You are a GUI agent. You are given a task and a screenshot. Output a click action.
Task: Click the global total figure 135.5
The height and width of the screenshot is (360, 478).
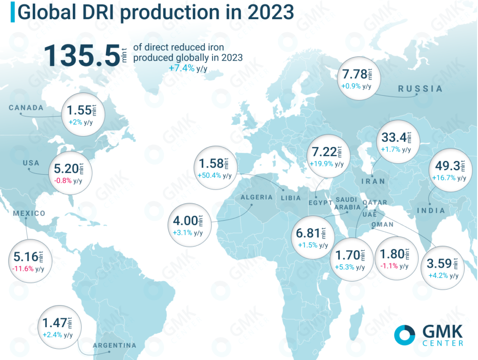click(x=82, y=55)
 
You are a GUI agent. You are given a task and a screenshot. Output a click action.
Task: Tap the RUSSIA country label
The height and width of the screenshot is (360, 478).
click(x=420, y=89)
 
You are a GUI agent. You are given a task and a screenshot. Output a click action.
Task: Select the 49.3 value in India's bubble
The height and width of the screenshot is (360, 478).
click(x=448, y=166)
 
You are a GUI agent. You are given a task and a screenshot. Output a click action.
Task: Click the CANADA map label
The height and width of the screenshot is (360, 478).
click(x=26, y=107)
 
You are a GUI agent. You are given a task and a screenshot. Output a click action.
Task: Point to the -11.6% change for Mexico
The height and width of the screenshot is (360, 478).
click(x=23, y=269)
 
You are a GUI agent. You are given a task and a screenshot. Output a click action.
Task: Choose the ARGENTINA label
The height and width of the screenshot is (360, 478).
click(x=114, y=345)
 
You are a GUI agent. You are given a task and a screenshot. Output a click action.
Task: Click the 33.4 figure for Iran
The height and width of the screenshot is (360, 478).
click(x=394, y=138)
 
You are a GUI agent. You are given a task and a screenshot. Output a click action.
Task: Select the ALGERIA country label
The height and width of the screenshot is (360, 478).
click(x=257, y=198)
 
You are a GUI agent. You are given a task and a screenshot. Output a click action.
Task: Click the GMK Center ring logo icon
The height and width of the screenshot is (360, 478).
click(x=404, y=335)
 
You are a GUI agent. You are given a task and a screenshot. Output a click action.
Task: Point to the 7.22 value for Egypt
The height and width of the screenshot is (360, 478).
click(x=324, y=152)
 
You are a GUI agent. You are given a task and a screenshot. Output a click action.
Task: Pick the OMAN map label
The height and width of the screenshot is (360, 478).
click(x=383, y=224)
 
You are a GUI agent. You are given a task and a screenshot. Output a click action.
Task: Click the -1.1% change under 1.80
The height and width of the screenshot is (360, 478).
click(x=389, y=266)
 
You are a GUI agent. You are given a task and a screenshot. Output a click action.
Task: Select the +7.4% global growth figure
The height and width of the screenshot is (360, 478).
click(x=182, y=68)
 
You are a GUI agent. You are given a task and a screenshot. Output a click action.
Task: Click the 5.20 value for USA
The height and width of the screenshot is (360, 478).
click(x=67, y=169)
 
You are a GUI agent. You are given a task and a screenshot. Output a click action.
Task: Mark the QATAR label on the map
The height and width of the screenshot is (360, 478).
click(x=375, y=203)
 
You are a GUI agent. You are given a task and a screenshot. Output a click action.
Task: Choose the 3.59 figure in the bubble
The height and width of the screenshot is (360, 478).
click(x=439, y=263)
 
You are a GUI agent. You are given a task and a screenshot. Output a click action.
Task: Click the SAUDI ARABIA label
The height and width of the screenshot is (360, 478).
click(x=347, y=204)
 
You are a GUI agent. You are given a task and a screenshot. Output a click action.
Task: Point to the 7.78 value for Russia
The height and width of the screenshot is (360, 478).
click(x=355, y=75)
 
